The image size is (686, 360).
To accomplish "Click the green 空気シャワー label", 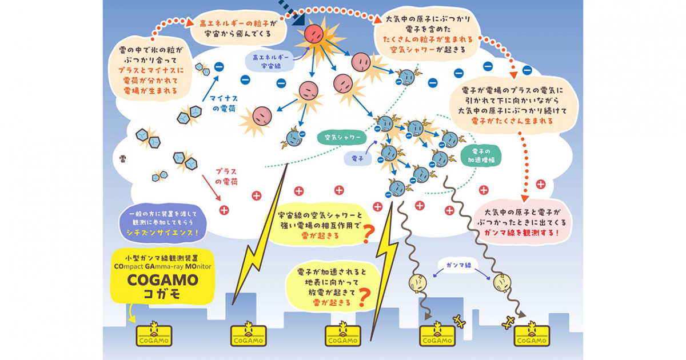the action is pos(342,138).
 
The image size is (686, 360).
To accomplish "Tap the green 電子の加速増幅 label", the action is pos(481,156).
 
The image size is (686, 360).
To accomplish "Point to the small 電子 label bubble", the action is pos(357,159).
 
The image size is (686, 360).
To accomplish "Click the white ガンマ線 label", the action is pos(458,265).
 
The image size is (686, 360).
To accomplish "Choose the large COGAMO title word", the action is pos(162,280).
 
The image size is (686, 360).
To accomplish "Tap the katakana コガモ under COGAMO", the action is pos(162,294).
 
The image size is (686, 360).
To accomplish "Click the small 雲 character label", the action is pos(122,159).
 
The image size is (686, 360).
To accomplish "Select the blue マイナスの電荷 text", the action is pos(224,103).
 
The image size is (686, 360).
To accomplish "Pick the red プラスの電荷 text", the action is pos(226,177).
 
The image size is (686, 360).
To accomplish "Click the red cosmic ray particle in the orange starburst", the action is pos(314,34).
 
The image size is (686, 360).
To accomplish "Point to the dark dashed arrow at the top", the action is pos(291,12).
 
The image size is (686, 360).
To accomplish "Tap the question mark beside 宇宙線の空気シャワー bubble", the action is pos(368,234).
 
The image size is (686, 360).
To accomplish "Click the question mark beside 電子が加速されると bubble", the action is pos(365,298).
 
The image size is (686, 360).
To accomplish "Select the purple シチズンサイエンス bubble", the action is pos(162,223).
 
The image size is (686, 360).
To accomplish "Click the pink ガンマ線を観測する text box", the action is pos(522,222).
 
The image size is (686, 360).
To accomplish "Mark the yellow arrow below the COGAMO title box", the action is pos(131,314).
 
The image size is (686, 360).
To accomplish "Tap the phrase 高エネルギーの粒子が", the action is pos(238,23).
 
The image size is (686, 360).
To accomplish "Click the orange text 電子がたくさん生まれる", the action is pos(512,121).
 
